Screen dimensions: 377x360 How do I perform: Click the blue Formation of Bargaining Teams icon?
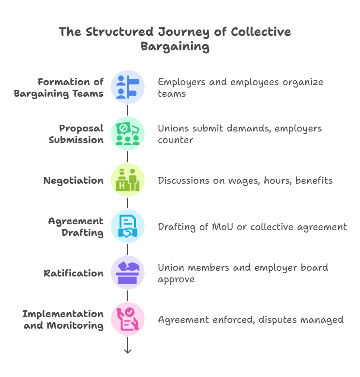click(x=128, y=87)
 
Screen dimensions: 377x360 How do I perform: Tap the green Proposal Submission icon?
click(x=128, y=133)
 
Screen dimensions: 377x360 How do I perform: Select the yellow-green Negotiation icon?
click(x=128, y=180)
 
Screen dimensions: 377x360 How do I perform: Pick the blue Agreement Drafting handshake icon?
click(x=128, y=226)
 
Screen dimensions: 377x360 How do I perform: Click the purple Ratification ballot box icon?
click(x=128, y=273)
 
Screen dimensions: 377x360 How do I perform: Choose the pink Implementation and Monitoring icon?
click(x=128, y=319)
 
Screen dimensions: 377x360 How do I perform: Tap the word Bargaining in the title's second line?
click(x=175, y=47)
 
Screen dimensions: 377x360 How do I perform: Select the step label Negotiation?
click(x=74, y=180)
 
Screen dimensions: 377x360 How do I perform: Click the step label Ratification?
click(x=73, y=273)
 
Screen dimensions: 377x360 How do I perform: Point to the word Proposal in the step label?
click(x=81, y=128)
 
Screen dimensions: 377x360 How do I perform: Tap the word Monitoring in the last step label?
click(x=75, y=325)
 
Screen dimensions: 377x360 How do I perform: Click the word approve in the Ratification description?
click(x=176, y=279)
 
